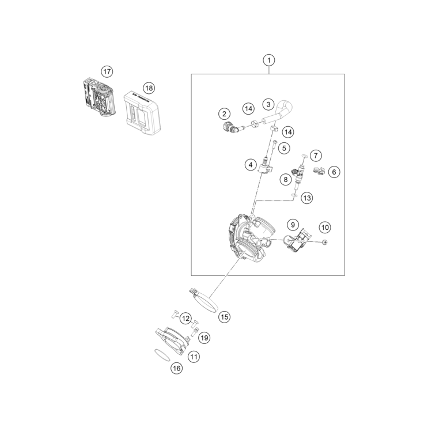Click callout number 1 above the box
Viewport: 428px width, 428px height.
(x=269, y=60)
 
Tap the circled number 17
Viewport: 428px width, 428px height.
(x=107, y=71)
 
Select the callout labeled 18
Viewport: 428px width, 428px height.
(x=149, y=88)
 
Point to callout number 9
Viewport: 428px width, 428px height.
(x=293, y=225)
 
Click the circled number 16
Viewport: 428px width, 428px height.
(x=177, y=368)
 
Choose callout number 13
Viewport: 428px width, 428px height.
(x=307, y=198)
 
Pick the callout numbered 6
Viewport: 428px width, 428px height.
(x=334, y=172)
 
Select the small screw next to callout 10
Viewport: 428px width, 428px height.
(x=325, y=242)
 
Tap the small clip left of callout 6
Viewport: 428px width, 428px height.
(x=319, y=171)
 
